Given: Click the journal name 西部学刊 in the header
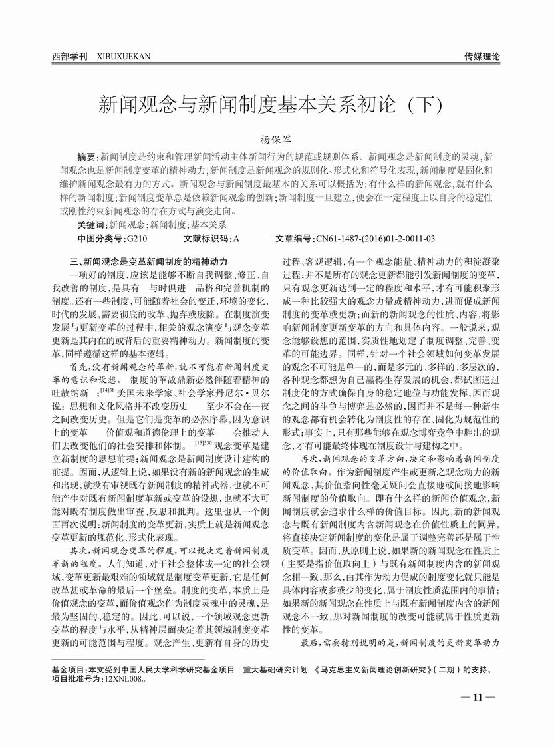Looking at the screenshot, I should [x=70, y=57].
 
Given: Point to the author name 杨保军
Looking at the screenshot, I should [x=277, y=141].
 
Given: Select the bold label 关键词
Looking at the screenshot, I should [x=92, y=225].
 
